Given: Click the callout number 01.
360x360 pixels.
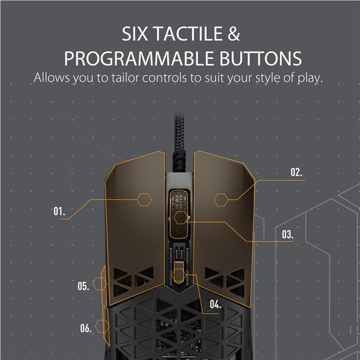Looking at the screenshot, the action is pyautogui.click(x=59, y=211).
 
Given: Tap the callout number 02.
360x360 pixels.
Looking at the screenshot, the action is pyautogui.click(x=296, y=172).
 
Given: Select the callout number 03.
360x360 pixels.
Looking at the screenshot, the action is pyautogui.click(x=287, y=235).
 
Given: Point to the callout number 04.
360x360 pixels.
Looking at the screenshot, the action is pyautogui.click(x=215, y=304).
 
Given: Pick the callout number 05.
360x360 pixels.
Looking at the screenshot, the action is pyautogui.click(x=83, y=286).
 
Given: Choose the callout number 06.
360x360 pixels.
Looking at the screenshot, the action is pyautogui.click(x=86, y=328).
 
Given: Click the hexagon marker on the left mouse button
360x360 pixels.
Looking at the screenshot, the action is pyautogui.click(x=144, y=200).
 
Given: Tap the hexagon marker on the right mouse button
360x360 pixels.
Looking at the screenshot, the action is pyautogui.click(x=221, y=200).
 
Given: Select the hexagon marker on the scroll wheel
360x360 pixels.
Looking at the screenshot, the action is pyautogui.click(x=181, y=218).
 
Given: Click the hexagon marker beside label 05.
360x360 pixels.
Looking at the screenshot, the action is pyautogui.click(x=100, y=284).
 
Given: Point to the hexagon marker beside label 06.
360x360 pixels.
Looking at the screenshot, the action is pyautogui.click(x=102, y=326).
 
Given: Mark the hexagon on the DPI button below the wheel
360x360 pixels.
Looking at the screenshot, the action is pyautogui.click(x=179, y=275).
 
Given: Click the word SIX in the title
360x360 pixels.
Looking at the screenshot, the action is pyautogui.click(x=135, y=34).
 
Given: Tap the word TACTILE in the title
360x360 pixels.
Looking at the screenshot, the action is pyautogui.click(x=188, y=34).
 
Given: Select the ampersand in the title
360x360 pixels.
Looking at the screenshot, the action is pyautogui.click(x=234, y=34).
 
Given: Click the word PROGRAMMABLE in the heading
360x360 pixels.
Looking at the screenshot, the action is pyautogui.click(x=139, y=59).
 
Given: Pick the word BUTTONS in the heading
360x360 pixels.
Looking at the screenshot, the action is pyautogui.click(x=260, y=59).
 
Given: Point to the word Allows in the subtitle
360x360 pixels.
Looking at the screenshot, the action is pyautogui.click(x=52, y=77).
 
